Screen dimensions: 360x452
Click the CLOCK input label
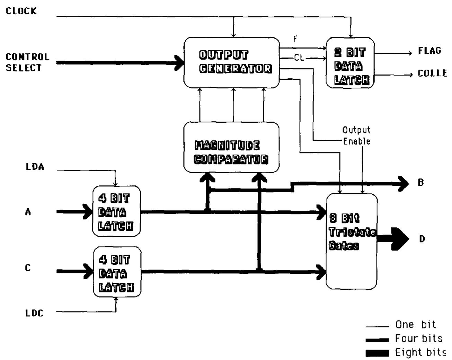(x=21, y=11)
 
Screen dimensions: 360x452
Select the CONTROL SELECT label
(x=27, y=62)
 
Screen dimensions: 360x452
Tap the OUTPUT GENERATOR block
(x=231, y=62)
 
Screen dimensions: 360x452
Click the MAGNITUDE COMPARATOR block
(x=231, y=147)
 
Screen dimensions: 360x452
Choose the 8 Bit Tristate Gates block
(x=352, y=241)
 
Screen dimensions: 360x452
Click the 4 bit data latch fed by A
(x=116, y=211)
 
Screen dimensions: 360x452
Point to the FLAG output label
(x=429, y=51)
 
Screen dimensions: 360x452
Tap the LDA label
(x=35, y=167)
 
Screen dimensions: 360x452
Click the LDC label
(x=35, y=313)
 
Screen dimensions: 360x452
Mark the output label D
(x=422, y=239)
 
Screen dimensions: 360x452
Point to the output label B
(x=420, y=183)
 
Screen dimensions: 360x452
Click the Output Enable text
(x=356, y=135)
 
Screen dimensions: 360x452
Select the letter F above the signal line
(x=295, y=39)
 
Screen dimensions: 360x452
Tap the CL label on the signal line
(x=299, y=58)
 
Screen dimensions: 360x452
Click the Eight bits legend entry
(x=420, y=352)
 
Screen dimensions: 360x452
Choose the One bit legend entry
(x=415, y=325)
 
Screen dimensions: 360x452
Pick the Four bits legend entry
(x=418, y=339)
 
